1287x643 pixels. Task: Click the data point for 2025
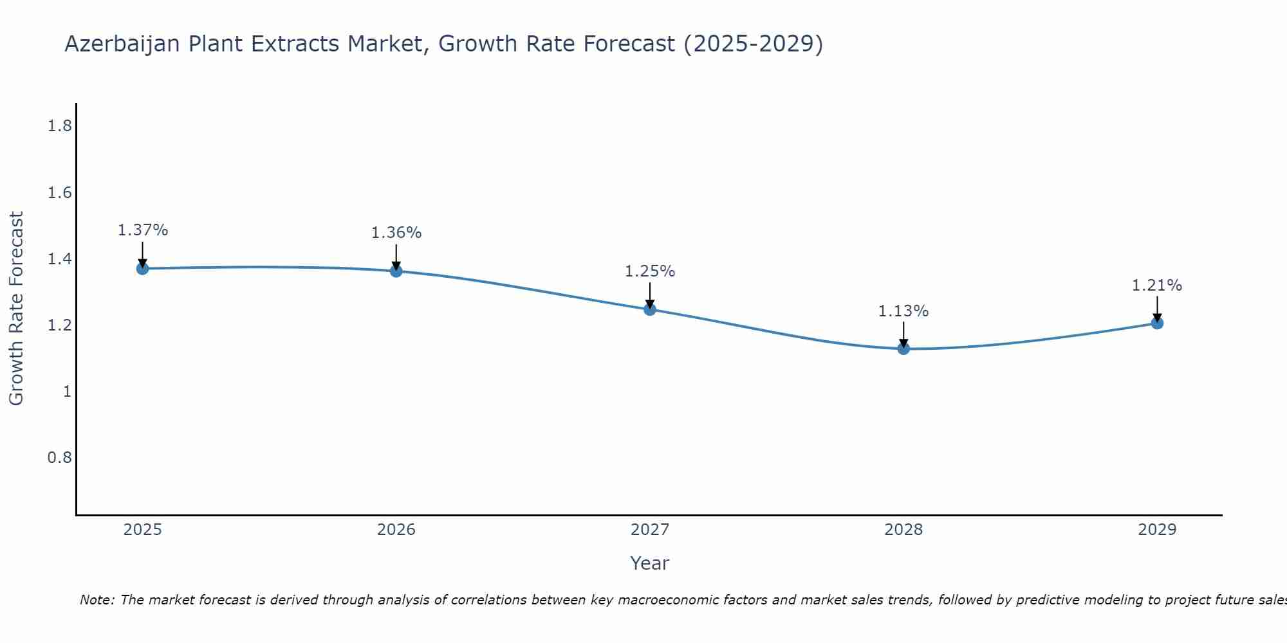(x=142, y=268)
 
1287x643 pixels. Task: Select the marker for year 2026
(x=396, y=271)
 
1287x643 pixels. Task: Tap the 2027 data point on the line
(x=649, y=309)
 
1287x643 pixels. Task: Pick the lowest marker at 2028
(x=903, y=349)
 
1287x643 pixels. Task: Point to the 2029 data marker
(x=1156, y=323)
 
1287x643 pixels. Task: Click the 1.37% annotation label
(x=142, y=230)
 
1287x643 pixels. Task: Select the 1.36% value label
(x=396, y=233)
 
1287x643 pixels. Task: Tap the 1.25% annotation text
(x=649, y=271)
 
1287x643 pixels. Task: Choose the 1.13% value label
(x=903, y=311)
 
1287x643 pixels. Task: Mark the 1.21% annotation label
(x=1156, y=285)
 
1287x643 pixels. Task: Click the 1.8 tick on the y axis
(x=59, y=126)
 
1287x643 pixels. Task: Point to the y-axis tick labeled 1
(x=67, y=392)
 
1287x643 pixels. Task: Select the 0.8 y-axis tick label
(x=59, y=458)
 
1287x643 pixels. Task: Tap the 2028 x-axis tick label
(x=903, y=530)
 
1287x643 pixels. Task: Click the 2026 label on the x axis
(x=396, y=530)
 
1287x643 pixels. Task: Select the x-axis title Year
(x=649, y=563)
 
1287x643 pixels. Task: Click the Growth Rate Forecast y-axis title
(x=16, y=309)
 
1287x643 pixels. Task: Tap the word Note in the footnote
(x=96, y=600)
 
